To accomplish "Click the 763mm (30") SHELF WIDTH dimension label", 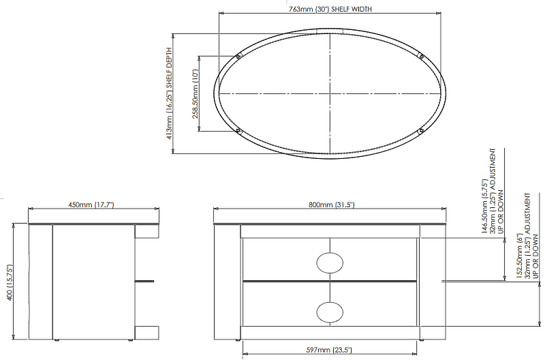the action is click(330, 9).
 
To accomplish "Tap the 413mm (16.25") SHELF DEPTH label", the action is click(169, 93).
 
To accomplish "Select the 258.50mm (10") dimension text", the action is click(196, 94).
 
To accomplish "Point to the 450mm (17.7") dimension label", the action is click(91, 205).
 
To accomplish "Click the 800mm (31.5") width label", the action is click(332, 205).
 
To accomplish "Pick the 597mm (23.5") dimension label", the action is click(329, 350).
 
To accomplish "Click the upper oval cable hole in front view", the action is click(330, 262).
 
